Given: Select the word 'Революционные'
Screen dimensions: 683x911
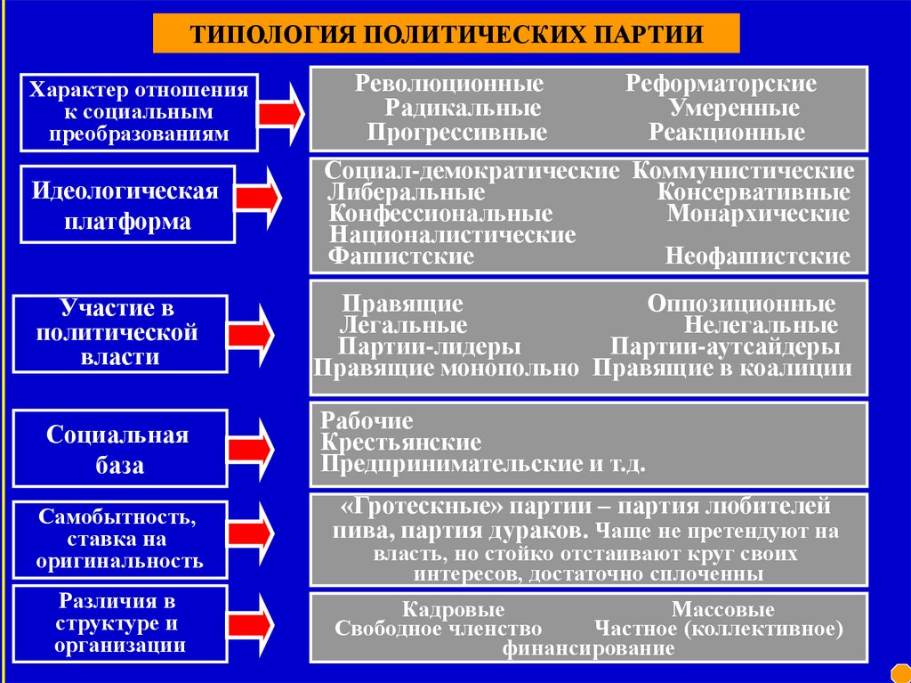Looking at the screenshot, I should click(x=450, y=85).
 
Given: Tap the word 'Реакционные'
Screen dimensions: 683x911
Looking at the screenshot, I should click(x=727, y=134).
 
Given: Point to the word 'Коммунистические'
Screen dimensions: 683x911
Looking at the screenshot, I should click(x=744, y=171).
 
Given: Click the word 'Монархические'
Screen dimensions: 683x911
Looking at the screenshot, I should click(x=758, y=215).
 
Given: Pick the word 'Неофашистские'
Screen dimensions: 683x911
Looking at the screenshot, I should click(x=757, y=257).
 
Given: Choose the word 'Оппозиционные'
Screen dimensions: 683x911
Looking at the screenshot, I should click(x=741, y=304).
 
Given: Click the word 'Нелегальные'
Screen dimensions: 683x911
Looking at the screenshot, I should click(x=761, y=325).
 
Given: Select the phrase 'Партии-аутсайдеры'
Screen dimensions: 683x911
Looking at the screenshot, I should click(x=725, y=346).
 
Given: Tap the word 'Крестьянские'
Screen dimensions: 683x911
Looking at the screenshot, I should click(x=401, y=443).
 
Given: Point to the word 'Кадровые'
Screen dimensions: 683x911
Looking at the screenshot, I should click(x=453, y=610).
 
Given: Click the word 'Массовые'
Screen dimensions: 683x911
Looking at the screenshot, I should click(x=722, y=610).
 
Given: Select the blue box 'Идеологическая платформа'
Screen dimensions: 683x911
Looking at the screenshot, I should click(x=127, y=205).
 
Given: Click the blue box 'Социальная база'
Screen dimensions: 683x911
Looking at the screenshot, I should click(x=118, y=450).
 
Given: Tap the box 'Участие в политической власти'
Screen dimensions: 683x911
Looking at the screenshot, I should click(x=117, y=333).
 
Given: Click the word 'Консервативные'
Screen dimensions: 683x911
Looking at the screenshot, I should click(x=754, y=192).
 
